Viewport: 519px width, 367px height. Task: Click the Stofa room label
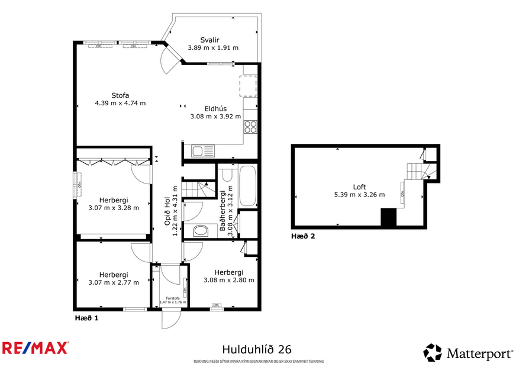point(120,95)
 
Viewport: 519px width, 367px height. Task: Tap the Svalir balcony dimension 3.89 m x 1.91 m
point(212,48)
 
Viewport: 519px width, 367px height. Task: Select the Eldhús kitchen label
point(215,108)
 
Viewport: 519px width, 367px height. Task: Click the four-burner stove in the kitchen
point(250,126)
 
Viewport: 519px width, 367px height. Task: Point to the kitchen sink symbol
point(202,151)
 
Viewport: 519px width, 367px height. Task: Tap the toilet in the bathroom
point(201,230)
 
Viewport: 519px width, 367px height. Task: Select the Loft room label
point(359,186)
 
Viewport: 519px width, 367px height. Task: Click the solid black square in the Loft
point(388,218)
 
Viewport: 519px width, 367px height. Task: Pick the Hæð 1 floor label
point(87,318)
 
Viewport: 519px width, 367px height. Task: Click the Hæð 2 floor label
point(303,236)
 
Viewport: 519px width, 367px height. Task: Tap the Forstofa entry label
point(173,298)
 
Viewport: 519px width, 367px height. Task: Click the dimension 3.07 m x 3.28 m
point(114,208)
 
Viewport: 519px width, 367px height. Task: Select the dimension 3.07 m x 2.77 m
point(114,282)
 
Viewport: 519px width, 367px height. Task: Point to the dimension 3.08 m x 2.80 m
point(228,280)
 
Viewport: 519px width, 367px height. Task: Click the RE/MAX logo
point(36,348)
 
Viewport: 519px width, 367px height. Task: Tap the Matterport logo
point(468,353)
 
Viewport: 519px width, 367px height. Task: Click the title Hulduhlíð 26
point(256,350)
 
